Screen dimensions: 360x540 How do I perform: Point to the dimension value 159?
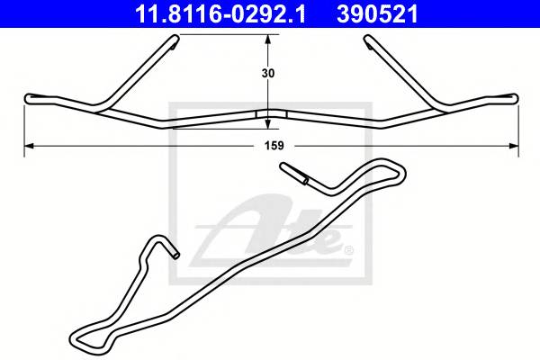click(x=269, y=144)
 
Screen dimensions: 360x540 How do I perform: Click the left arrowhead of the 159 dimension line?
click(x=27, y=144)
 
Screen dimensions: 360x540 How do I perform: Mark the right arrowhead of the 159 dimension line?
click(x=513, y=144)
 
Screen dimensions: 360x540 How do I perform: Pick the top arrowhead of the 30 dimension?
click(x=267, y=39)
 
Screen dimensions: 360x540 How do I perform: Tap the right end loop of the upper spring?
click(x=512, y=97)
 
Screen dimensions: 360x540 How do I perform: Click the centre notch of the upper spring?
click(x=268, y=114)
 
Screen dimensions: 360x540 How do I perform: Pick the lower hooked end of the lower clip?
click(x=174, y=254)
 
